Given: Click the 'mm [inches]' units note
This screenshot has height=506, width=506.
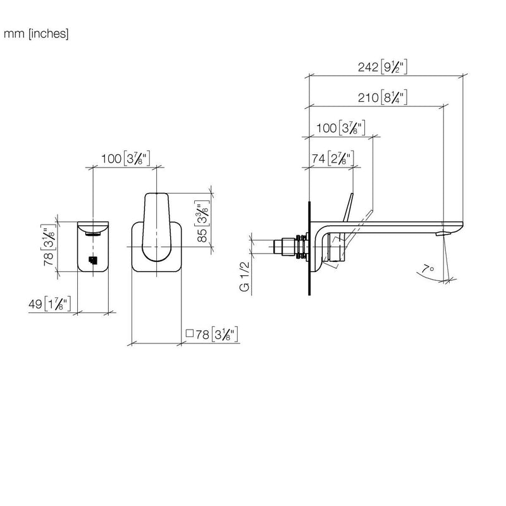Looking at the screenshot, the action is tap(36, 34).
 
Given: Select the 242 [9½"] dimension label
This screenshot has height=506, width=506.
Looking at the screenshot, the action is tap(383, 67).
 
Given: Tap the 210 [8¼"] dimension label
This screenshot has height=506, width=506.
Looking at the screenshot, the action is tap(383, 97).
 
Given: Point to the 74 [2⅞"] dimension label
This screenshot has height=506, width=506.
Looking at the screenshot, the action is tap(333, 159).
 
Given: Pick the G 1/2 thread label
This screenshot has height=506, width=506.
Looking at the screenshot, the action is tap(245, 276).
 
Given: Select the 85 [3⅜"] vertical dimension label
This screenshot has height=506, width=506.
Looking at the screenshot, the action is tap(202, 221).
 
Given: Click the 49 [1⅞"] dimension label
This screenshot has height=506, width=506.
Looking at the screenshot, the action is tap(49, 304).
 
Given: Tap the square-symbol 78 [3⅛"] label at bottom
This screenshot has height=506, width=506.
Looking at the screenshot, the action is tap(212, 335).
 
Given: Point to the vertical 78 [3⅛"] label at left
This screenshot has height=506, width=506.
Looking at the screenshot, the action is tap(49, 245).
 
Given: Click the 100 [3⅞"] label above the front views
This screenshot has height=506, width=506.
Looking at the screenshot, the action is tap(125, 159).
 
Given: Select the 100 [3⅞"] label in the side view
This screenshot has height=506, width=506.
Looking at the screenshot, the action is tap(340, 128).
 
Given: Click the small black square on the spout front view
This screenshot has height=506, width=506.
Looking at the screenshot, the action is tap(93, 260).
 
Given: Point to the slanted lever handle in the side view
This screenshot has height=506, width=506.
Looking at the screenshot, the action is tap(349, 207).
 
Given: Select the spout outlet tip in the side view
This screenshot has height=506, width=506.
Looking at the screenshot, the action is tap(442, 233).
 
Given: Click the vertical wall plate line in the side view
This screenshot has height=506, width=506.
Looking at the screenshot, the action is tap(309, 248).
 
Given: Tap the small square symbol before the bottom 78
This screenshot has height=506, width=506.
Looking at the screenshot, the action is tap(190, 333).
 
